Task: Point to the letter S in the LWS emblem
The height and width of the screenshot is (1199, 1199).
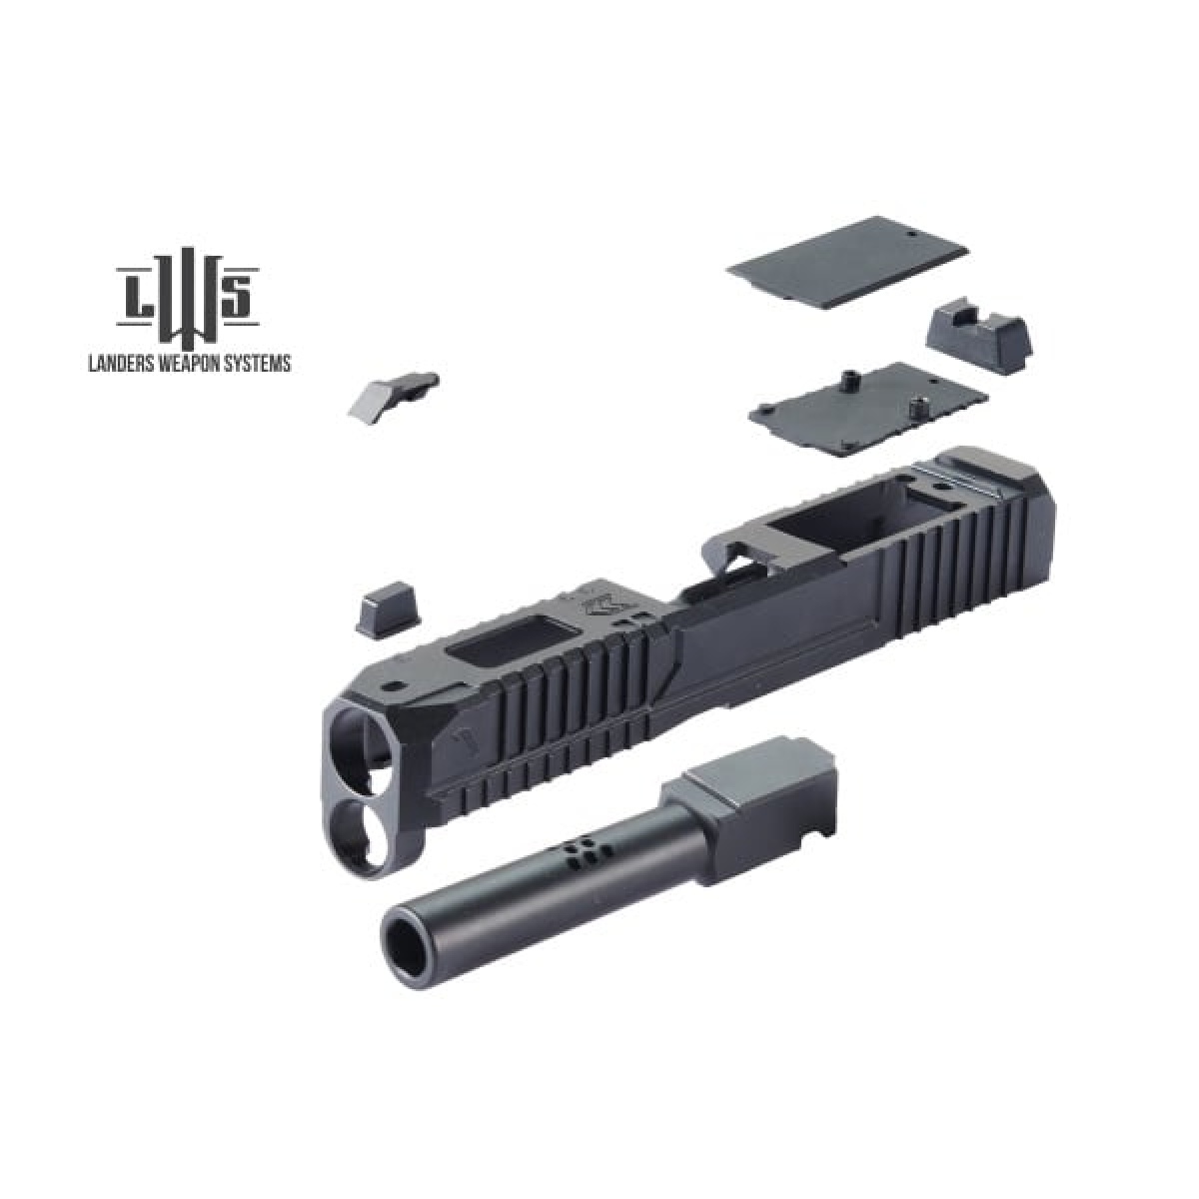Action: click(x=237, y=297)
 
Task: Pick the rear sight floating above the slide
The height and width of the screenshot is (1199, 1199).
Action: click(x=979, y=339)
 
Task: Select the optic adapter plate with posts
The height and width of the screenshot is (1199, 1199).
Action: click(x=869, y=409)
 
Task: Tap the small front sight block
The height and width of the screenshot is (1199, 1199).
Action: click(x=389, y=614)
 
